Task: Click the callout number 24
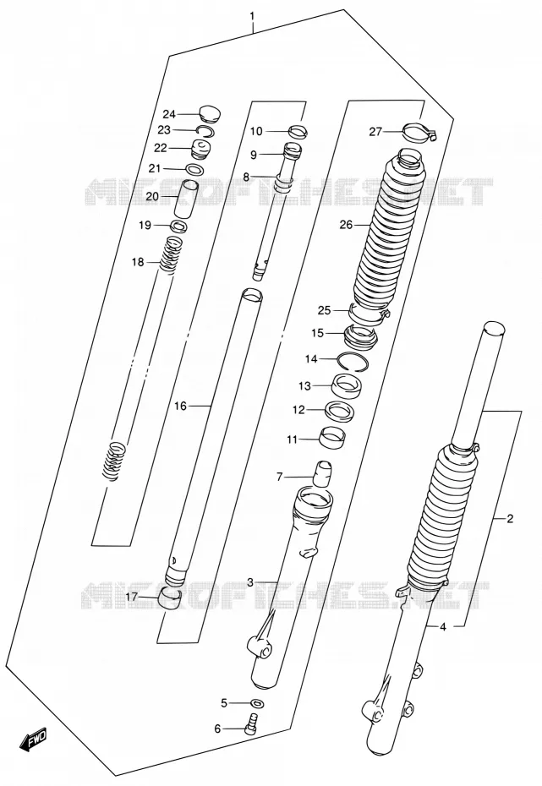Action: coord(169,114)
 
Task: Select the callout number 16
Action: coord(180,406)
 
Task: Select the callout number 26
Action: coord(346,225)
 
